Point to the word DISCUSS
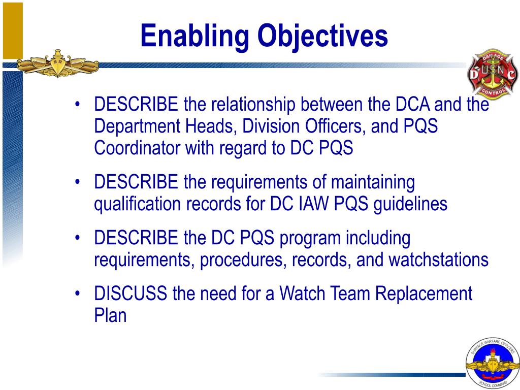coord(131,294)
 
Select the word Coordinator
coord(137,148)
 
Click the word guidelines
coord(410,204)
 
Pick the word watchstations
coord(438,260)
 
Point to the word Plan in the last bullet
coord(110,315)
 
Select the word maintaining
coord(373,182)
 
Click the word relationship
coord(253,105)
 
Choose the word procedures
coord(238,260)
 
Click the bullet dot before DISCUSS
coord(77,294)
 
